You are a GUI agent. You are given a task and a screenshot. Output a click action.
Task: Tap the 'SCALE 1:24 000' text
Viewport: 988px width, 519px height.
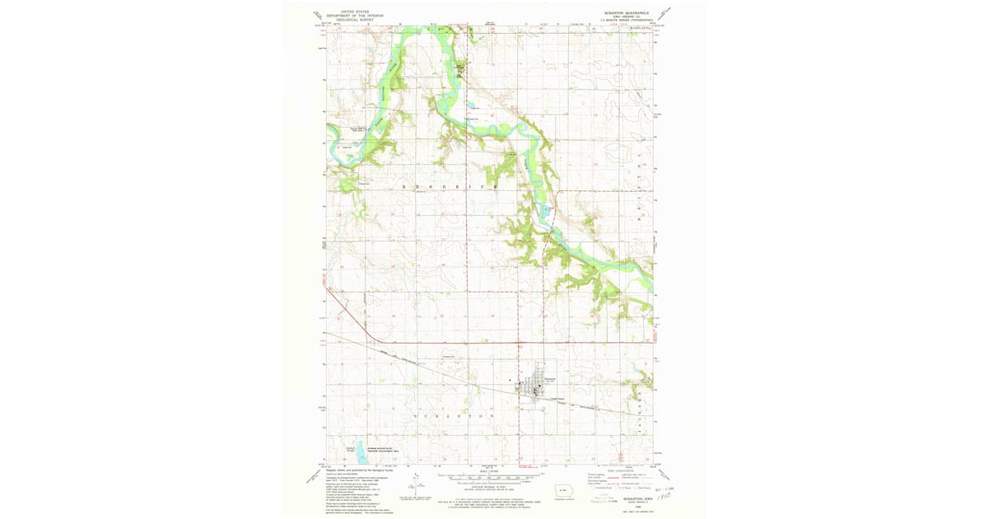(491, 471)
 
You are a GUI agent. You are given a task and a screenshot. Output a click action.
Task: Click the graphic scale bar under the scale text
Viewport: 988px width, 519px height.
(491, 478)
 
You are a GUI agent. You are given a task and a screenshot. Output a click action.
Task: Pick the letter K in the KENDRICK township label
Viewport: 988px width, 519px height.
(403, 188)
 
